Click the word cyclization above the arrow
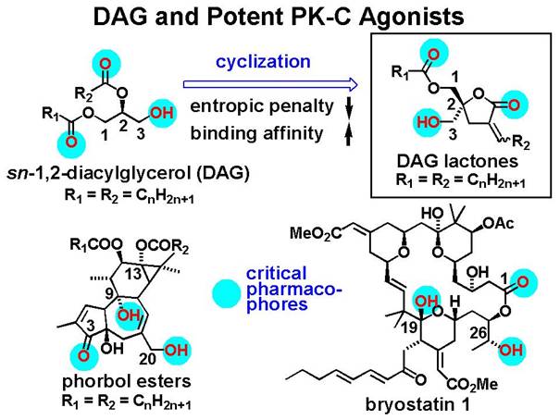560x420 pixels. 263,63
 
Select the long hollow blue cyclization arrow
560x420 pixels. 270,84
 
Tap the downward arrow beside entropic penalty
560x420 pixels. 350,106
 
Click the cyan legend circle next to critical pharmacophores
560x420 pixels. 226,293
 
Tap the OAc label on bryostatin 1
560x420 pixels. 498,223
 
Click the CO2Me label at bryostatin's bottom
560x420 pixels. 472,385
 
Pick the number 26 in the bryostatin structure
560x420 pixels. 479,333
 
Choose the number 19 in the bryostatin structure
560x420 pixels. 410,327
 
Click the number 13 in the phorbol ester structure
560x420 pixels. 134,275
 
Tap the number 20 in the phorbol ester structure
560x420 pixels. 147,358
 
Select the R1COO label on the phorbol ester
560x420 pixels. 96,246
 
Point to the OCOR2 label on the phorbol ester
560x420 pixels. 162,247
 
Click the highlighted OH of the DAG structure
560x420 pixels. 162,113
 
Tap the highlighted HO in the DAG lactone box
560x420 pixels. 428,123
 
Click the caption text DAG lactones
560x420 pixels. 458,161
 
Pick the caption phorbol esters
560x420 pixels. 127,381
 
